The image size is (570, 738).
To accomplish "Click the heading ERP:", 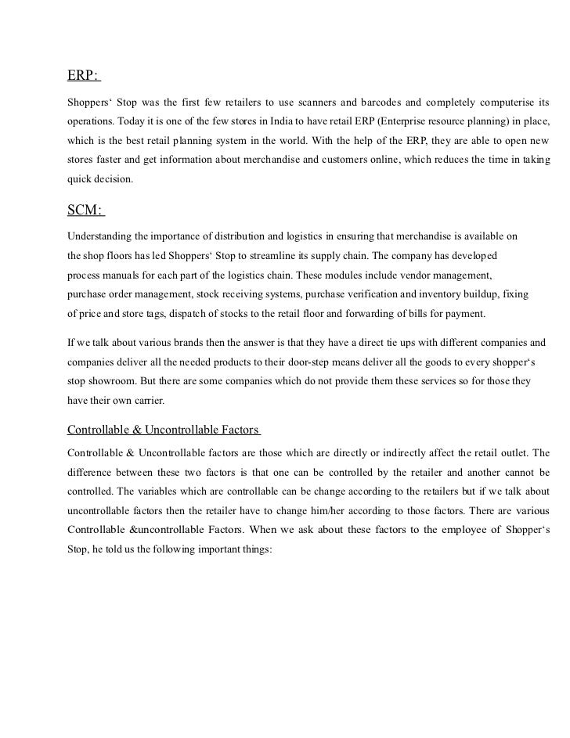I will (x=83, y=76).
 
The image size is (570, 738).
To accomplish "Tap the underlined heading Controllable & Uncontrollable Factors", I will (x=164, y=430).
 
